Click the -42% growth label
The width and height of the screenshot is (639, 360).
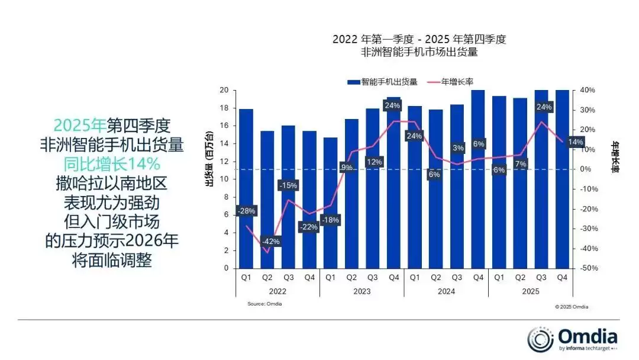coord(270,242)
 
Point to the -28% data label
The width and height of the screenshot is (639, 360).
coord(246,211)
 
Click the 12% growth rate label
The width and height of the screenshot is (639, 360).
coord(373,162)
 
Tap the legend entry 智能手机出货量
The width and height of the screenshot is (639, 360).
coord(382,82)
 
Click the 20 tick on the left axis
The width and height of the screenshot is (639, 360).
coord(224,90)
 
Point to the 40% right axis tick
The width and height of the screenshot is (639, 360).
coord(587,90)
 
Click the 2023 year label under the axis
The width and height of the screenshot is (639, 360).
coord(362,291)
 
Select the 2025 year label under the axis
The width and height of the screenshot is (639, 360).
coord(531,291)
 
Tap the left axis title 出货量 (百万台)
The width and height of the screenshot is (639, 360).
coord(209,166)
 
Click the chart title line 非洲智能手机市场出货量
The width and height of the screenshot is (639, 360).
coord(419,52)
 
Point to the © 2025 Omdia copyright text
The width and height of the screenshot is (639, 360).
coord(571,307)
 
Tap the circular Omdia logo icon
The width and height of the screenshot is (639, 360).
coord(540,339)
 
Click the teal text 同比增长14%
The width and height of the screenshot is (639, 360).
coord(112,163)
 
